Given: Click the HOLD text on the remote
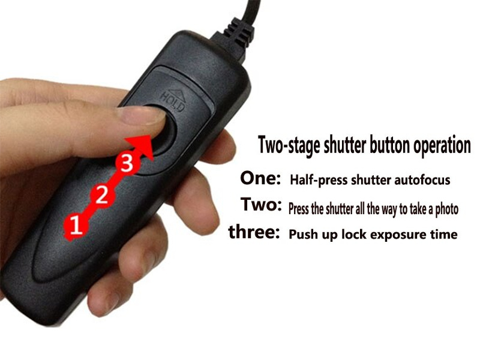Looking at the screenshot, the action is [173, 103].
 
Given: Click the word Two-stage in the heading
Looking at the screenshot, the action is [290, 145].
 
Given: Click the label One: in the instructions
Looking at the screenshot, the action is [260, 178].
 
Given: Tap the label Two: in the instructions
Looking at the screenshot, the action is [261, 204].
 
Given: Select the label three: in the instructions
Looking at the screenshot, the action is [254, 232].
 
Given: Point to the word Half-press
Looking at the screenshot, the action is [319, 180].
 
